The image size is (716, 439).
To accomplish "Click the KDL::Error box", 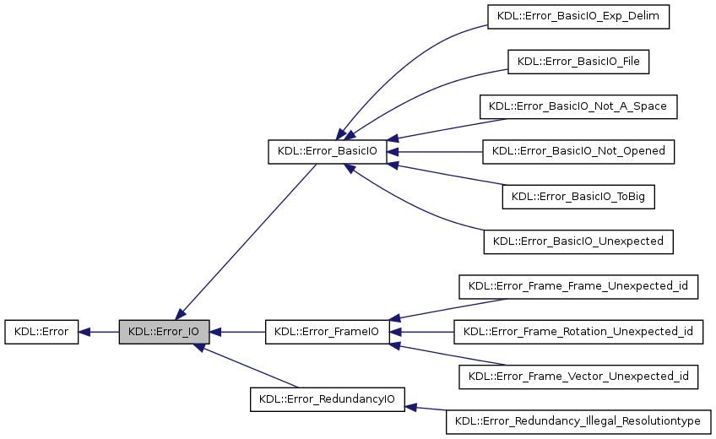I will pos(41,332).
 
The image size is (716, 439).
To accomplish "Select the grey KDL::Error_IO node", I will pos(163,332).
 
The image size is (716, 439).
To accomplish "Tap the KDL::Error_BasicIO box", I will pos(327,152).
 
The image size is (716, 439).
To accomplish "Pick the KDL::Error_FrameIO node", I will pos(327,332).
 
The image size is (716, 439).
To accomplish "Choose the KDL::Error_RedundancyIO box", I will pos(328,398).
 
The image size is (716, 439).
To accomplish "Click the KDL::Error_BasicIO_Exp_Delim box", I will pos(578,17).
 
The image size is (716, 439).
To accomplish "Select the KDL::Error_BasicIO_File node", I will pos(578,62).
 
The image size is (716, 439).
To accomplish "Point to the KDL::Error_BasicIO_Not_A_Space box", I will pos(578,106).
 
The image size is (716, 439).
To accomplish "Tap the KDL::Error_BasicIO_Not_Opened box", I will pos(578,151).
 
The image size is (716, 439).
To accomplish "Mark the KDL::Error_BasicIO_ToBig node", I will pos(578,197).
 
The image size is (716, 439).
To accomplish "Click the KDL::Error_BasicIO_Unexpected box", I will pos(578,241).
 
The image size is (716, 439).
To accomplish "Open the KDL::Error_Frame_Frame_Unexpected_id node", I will pos(578,286).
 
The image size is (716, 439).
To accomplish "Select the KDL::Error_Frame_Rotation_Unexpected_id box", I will pos(578,332).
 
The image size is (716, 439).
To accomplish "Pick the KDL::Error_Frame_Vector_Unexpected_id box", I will pos(578,377).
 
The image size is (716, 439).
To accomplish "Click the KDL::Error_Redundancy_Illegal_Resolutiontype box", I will pos(578,421).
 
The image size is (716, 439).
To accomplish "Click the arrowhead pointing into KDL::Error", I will pos(85,332).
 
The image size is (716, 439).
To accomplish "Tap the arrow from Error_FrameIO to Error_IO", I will pos(236,332).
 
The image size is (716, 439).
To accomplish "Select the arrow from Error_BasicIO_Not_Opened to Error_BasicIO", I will pos(434,152).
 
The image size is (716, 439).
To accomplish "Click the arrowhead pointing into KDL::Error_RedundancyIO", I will pos(412,407).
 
